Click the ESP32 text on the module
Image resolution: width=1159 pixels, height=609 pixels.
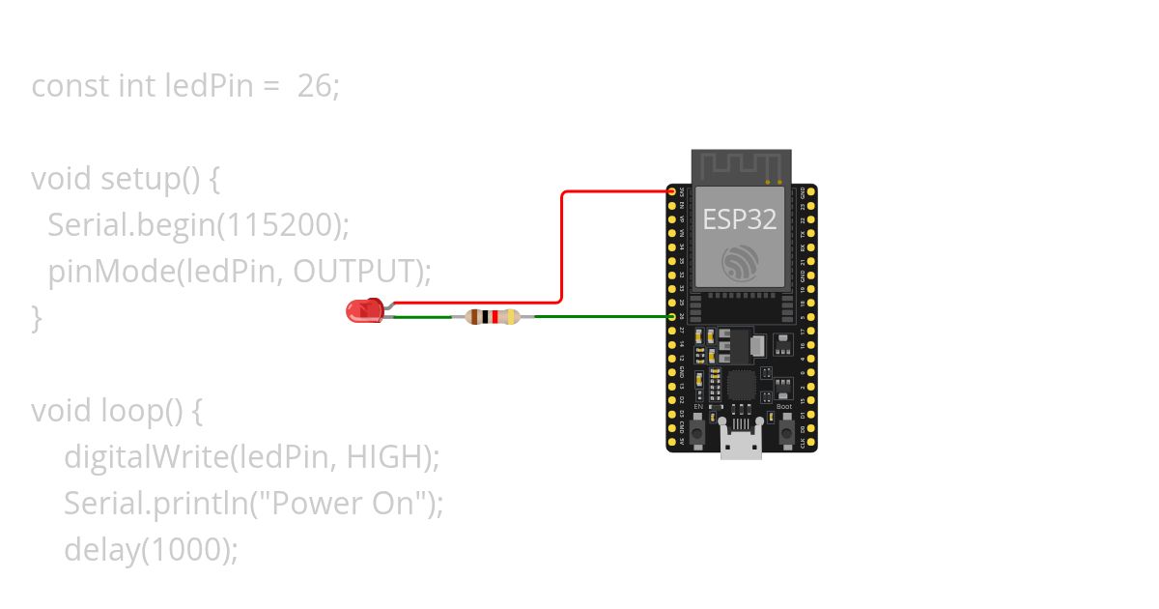coord(740,218)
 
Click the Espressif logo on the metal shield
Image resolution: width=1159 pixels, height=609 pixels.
coord(741,262)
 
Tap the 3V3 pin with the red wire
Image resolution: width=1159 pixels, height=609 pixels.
coord(672,191)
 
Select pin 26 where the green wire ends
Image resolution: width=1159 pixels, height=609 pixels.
coord(672,316)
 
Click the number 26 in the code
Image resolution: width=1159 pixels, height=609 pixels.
coord(314,86)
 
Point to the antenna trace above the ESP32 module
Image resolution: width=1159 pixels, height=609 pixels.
coord(741,166)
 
